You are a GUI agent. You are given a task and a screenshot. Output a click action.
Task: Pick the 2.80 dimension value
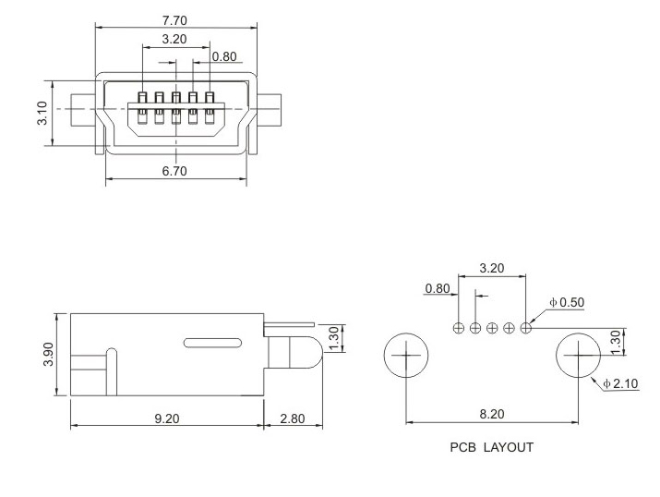point(292,418)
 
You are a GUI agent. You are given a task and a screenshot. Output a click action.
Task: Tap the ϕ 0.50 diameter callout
point(566,302)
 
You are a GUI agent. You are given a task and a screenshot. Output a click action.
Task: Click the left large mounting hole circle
point(406,355)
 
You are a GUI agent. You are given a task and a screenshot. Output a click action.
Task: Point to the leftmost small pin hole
point(459,327)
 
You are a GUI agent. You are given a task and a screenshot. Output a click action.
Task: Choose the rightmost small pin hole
point(526,327)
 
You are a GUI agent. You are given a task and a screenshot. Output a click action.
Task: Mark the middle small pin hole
point(492,327)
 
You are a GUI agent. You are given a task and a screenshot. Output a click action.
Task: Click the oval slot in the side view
point(217,343)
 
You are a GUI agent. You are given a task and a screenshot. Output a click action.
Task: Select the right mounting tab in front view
point(270,109)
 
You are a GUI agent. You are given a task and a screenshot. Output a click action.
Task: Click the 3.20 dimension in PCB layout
point(491,270)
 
